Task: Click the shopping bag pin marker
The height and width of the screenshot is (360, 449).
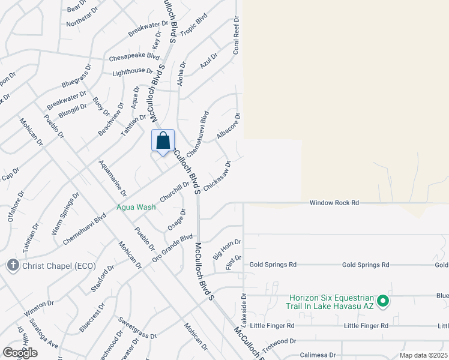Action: pyautogui.click(x=163, y=142)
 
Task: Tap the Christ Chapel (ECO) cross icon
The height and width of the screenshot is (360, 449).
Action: pyautogui.click(x=12, y=265)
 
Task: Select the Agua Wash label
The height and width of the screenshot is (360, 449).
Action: pyautogui.click(x=136, y=208)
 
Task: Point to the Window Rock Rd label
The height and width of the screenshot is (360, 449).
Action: pyautogui.click(x=334, y=203)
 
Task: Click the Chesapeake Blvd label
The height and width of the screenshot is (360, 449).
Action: pyautogui.click(x=134, y=58)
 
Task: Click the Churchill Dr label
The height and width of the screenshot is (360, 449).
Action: pyautogui.click(x=175, y=192)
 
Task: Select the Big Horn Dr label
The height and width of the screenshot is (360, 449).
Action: pyautogui.click(x=227, y=249)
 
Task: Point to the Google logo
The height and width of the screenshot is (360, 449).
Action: pyautogui.click(x=20, y=353)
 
